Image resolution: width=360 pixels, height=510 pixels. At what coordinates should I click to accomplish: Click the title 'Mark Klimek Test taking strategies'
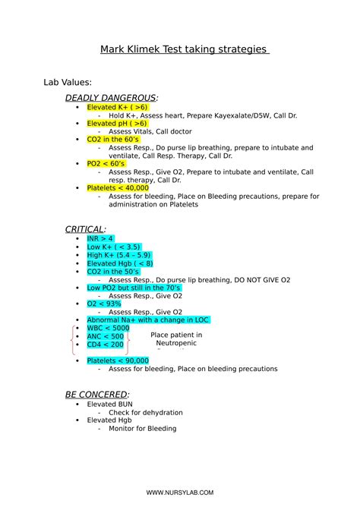pyautogui.click(x=185, y=49)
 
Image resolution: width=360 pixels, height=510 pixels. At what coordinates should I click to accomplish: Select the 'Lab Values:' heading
pyautogui.click(x=68, y=82)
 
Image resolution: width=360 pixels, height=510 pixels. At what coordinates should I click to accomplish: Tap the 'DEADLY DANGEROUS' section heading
pyautogui.click(x=112, y=98)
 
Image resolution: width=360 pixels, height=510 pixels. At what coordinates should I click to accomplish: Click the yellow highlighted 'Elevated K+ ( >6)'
pyautogui.click(x=118, y=107)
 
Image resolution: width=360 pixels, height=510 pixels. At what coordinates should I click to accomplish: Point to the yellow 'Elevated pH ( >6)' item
pyautogui.click(x=118, y=123)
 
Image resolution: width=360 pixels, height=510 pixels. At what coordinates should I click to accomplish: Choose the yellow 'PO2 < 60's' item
pyautogui.click(x=106, y=163)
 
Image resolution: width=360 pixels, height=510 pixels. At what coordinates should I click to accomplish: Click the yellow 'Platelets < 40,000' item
pyautogui.click(x=118, y=187)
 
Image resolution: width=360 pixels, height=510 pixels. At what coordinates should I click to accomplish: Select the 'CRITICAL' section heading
pyautogui.click(x=86, y=228)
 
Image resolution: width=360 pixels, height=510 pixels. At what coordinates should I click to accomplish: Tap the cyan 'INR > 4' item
pyautogui.click(x=100, y=238)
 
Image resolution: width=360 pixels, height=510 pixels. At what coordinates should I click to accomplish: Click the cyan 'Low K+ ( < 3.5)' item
pyautogui.click(x=114, y=247)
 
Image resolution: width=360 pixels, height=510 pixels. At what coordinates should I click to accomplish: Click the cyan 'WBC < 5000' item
pyautogui.click(x=108, y=328)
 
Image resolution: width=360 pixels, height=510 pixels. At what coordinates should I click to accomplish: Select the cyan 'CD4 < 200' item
pyautogui.click(x=106, y=345)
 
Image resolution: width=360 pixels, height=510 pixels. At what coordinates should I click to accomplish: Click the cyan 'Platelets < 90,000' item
pyautogui.click(x=118, y=360)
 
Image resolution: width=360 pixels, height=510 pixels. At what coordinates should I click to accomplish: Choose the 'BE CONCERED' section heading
pyautogui.click(x=97, y=395)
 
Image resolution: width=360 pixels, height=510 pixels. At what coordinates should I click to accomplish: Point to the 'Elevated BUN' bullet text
pyautogui.click(x=110, y=405)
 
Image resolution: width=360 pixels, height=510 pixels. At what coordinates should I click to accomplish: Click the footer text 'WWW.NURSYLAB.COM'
pyautogui.click(x=179, y=493)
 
